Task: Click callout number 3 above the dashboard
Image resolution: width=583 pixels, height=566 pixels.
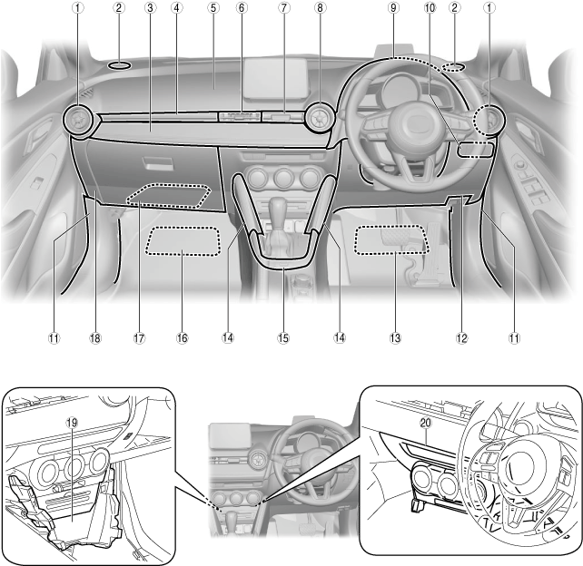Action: tap(148, 8)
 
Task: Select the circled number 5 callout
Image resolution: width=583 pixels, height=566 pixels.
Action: tap(212, 8)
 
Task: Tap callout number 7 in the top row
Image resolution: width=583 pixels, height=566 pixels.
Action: tap(283, 8)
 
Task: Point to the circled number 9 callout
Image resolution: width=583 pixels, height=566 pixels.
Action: tap(392, 8)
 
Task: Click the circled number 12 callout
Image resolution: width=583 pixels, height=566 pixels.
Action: tap(462, 338)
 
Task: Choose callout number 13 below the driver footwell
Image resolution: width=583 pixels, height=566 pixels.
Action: tap(394, 338)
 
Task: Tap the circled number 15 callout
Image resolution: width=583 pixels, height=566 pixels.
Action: tap(283, 338)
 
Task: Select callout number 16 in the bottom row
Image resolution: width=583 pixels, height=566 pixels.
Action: tap(183, 338)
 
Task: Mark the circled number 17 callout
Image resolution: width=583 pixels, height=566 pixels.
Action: tap(139, 338)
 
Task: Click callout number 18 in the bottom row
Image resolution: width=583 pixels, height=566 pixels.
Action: tap(95, 338)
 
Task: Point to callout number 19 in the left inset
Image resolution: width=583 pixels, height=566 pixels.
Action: tap(73, 422)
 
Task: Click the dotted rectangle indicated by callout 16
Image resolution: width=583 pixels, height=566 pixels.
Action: tap(184, 241)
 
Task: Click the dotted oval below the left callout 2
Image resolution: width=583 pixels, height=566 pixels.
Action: tap(119, 64)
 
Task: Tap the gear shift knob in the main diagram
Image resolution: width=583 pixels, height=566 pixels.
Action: tap(275, 205)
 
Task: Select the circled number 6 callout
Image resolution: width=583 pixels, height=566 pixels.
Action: tap(242, 8)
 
